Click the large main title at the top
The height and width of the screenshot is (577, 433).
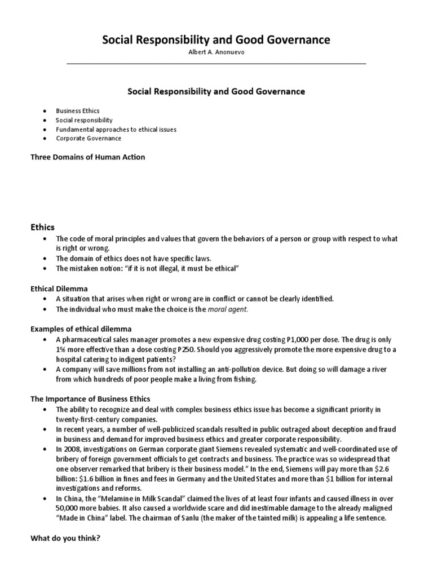pos(216,39)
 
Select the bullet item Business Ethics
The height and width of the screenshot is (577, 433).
pos(77,111)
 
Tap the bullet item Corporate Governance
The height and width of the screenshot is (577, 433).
pos(88,138)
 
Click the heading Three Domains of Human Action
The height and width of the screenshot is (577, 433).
pos(87,157)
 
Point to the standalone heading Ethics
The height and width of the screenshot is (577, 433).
pos(42,227)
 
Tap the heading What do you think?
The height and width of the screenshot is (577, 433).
pos(65,538)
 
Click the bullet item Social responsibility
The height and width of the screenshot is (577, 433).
pos(84,120)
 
